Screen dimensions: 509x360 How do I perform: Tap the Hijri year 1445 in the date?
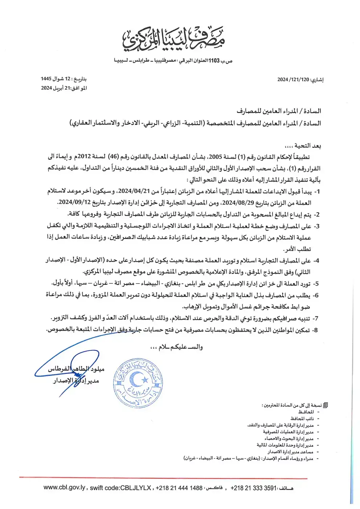pos(46,79)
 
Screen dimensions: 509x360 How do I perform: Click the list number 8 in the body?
pos(316,330)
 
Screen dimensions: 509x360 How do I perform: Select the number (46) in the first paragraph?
pos(114,157)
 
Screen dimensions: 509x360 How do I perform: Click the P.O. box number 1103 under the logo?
pos(214,61)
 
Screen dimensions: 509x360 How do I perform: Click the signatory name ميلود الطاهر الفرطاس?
pos(76,369)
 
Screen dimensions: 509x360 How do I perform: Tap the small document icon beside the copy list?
pos(326,406)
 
